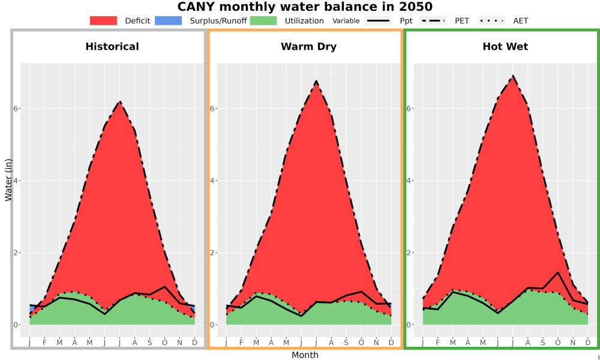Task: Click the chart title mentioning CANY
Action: [x=305, y=7]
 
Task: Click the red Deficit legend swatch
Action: [x=103, y=20]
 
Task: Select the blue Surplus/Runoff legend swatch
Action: [x=169, y=20]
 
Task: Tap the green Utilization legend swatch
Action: [x=263, y=20]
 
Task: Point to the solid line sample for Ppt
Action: [x=378, y=20]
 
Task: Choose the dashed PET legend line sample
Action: [x=433, y=20]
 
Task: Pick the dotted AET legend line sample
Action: [x=492, y=20]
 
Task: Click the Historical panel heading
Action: [x=112, y=47]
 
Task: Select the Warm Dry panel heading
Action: [x=309, y=47]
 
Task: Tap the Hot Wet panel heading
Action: [x=505, y=47]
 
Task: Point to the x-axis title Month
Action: [x=305, y=355]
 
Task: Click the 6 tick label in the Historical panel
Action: [x=16, y=108]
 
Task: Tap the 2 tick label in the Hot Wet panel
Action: [x=409, y=253]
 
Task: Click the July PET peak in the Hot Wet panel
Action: [x=513, y=76]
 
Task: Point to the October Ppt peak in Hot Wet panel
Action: [x=558, y=272]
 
